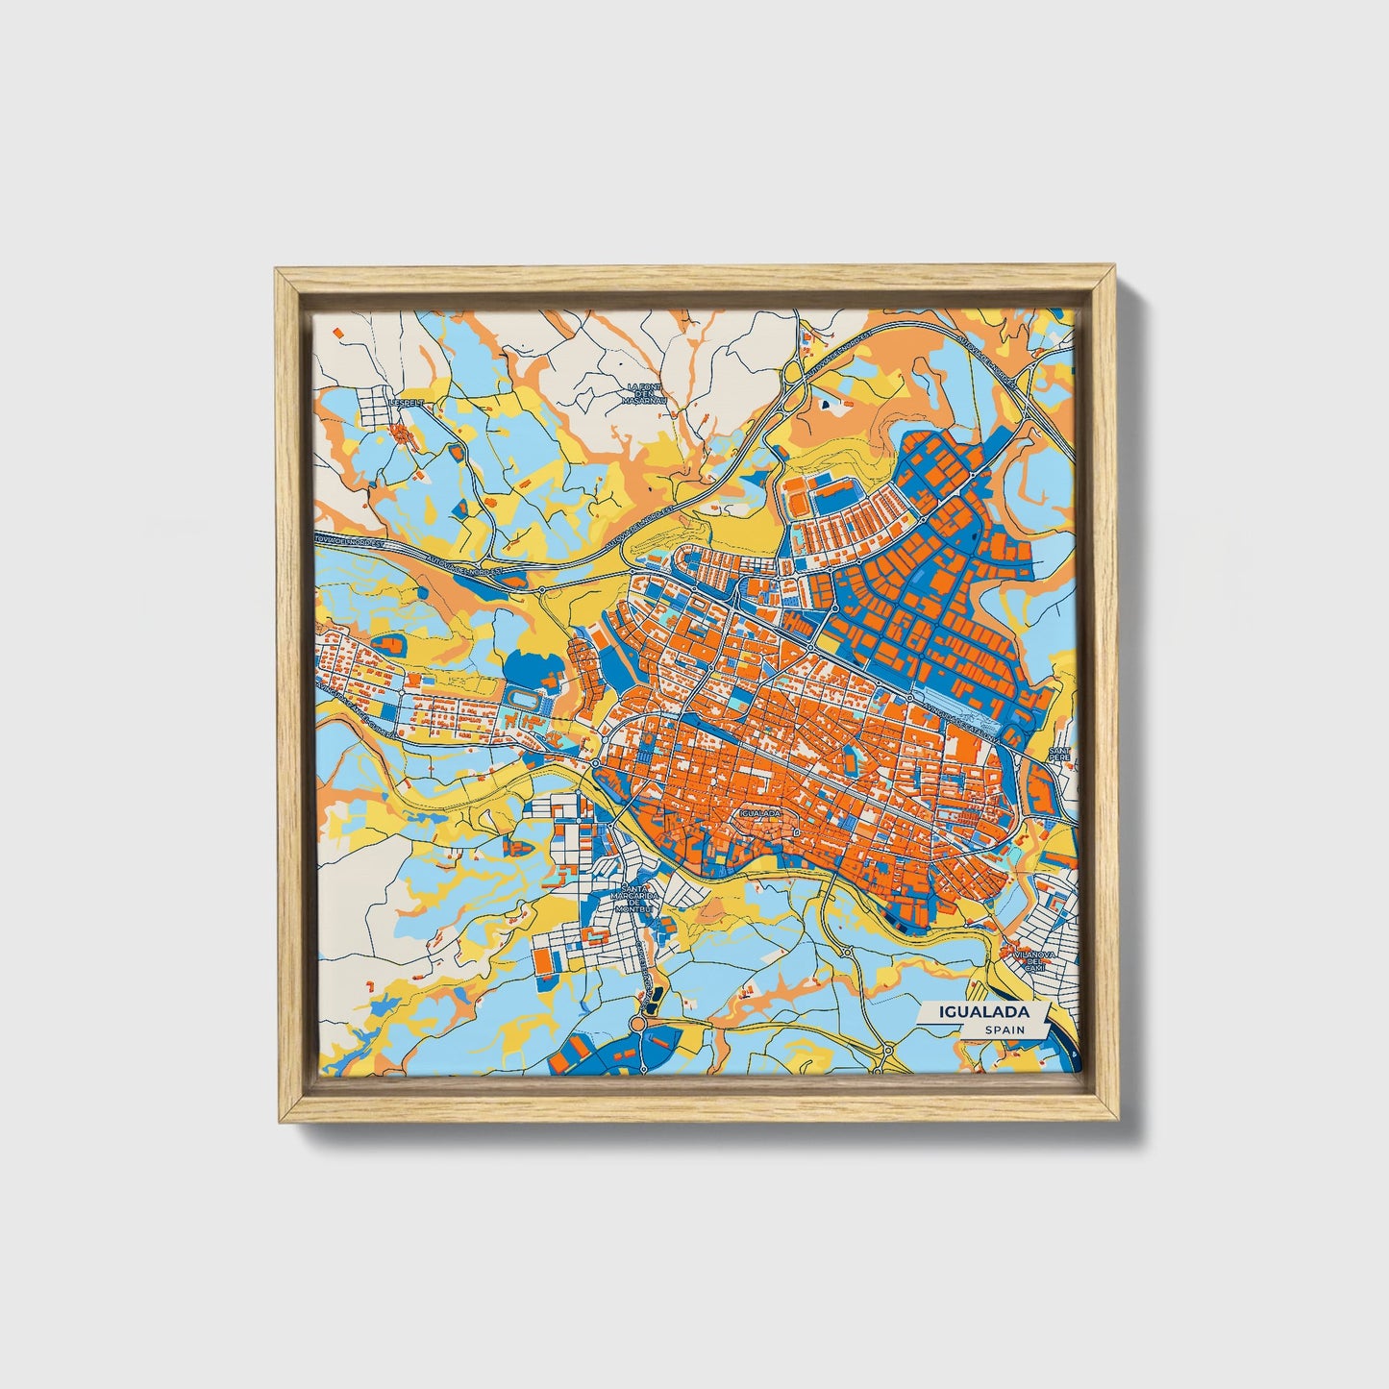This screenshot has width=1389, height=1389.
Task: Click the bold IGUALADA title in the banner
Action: (984, 1011)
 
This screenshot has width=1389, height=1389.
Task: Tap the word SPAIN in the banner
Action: (1004, 1029)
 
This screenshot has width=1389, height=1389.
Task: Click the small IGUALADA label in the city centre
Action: (760, 812)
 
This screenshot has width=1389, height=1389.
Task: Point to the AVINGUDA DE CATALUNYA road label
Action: (961, 720)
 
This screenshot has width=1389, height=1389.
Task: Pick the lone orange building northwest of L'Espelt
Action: (338, 332)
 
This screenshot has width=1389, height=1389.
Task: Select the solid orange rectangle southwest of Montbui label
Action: (544, 959)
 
